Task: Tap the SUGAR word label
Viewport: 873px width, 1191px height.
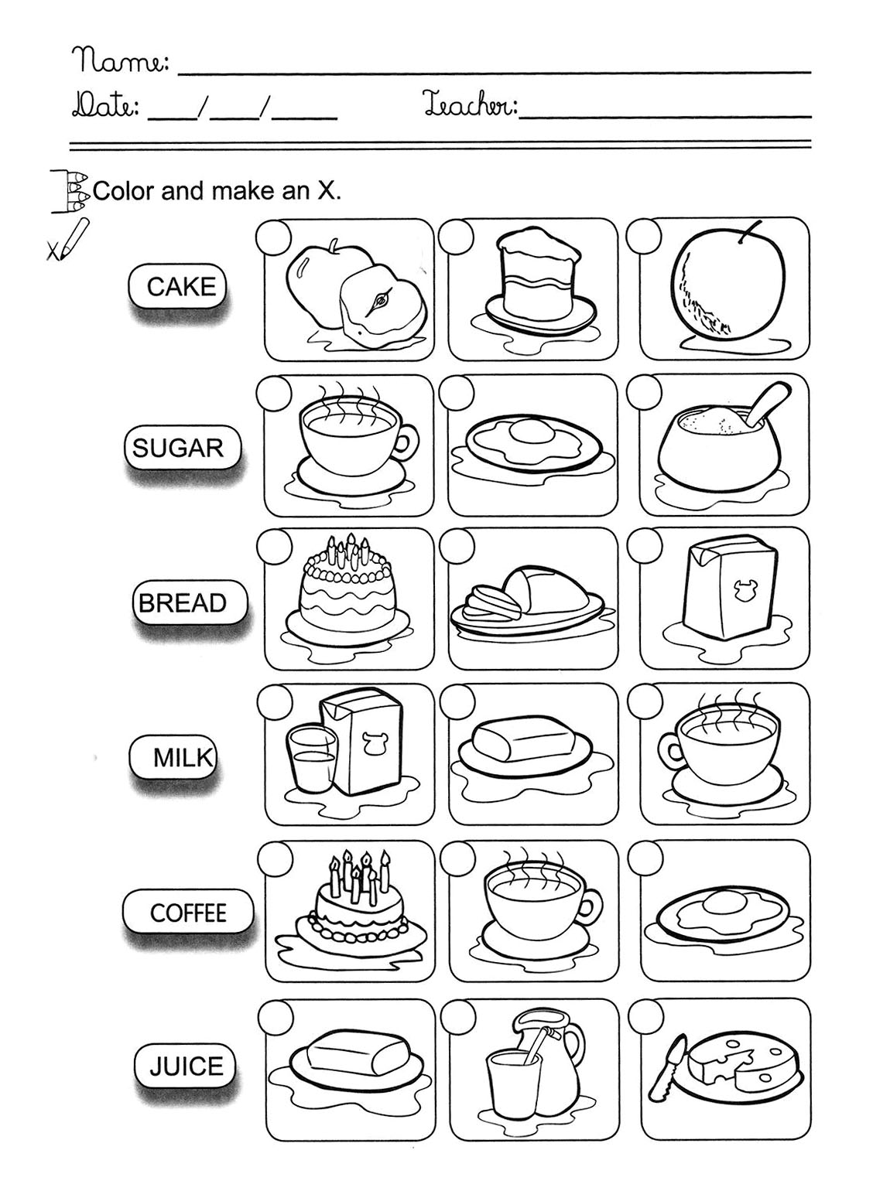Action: point(178,447)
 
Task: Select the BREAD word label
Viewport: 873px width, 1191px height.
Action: point(183,602)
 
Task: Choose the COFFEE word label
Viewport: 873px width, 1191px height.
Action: point(187,913)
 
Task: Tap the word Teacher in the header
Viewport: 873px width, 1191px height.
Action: point(469,103)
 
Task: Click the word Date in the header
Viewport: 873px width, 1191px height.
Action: point(106,104)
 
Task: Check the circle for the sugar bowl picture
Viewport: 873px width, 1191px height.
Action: point(644,393)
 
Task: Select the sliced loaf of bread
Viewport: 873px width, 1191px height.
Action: point(527,597)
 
